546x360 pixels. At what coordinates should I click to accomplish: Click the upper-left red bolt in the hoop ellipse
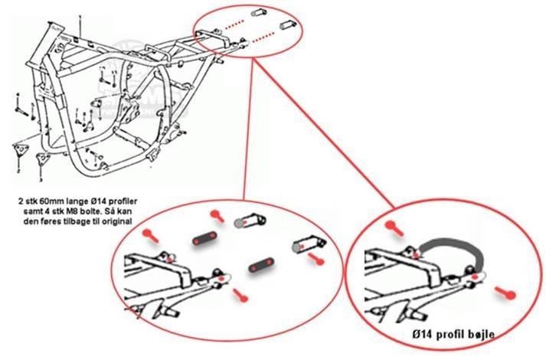[x=394, y=225]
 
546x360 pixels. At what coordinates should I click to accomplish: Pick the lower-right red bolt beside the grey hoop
[x=505, y=291]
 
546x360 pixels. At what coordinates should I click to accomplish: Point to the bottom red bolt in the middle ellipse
[x=240, y=292]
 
